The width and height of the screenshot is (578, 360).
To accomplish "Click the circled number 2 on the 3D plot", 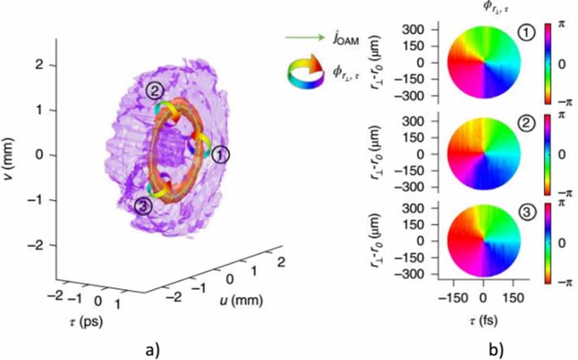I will [154, 90].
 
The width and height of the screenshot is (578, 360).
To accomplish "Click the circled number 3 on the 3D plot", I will [144, 207].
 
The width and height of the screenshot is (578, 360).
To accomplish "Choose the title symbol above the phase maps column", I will [482, 8].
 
